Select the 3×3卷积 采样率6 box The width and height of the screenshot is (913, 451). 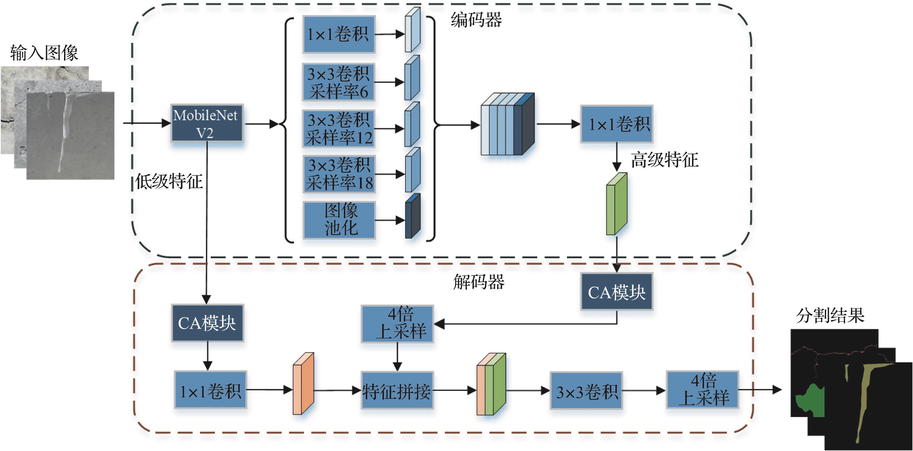click(338, 82)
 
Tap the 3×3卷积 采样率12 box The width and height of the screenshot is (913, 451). click(338, 128)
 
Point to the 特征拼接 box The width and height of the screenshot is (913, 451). click(397, 390)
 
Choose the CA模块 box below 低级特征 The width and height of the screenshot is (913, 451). click(207, 323)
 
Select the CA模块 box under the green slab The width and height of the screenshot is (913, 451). click(616, 292)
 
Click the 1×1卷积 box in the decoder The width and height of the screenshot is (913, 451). click(211, 390)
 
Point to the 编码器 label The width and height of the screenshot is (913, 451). click(476, 20)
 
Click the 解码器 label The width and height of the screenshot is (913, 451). click(479, 282)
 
